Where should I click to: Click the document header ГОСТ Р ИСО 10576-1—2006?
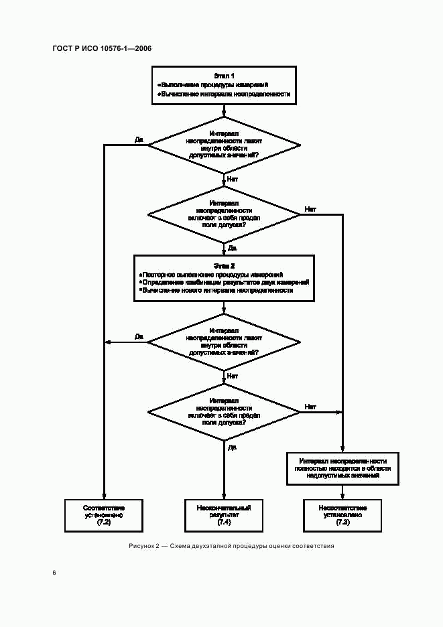pyautogui.click(x=101, y=49)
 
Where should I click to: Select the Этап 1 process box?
pyautogui.click(x=224, y=85)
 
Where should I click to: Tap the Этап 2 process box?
pyautogui.click(x=224, y=278)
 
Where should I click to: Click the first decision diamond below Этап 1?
pyautogui.click(x=224, y=143)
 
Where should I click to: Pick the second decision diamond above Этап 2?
pyautogui.click(x=224, y=214)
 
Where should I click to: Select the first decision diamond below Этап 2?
pyautogui.click(x=224, y=341)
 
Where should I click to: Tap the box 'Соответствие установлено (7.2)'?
pyautogui.click(x=104, y=514)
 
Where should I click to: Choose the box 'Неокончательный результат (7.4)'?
pyautogui.click(x=224, y=514)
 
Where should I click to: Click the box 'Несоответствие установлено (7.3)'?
pyautogui.click(x=343, y=514)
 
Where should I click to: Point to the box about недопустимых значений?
pyautogui.click(x=343, y=468)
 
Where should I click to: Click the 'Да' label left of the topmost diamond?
pyautogui.click(x=139, y=139)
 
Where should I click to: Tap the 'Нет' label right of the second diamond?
pyautogui.click(x=310, y=210)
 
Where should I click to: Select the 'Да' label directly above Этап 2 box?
pyautogui.click(x=232, y=248)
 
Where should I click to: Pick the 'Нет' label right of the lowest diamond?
pyautogui.click(x=310, y=407)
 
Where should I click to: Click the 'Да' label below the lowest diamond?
pyautogui.click(x=232, y=447)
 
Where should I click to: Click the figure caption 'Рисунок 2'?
pyautogui.click(x=231, y=546)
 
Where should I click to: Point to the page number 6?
pyautogui.click(x=54, y=573)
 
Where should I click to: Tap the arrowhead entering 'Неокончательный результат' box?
pyautogui.click(x=224, y=496)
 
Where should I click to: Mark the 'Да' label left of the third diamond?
pyautogui.click(x=139, y=336)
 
